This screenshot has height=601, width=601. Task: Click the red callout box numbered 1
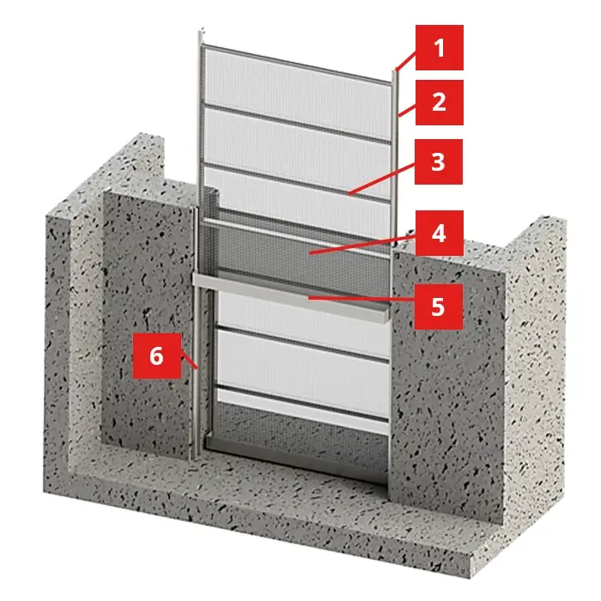click(x=440, y=47)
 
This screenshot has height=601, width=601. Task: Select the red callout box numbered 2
click(x=440, y=102)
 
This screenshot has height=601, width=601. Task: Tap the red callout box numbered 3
click(x=439, y=161)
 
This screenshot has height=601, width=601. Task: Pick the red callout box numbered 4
click(x=440, y=233)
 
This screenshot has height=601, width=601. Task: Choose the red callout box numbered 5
click(x=439, y=307)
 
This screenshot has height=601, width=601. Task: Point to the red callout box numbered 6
click(x=157, y=355)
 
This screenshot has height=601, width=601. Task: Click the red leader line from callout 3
click(x=382, y=179)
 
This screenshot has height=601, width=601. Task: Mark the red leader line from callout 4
click(x=362, y=246)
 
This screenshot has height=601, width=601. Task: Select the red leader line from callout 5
click(x=361, y=298)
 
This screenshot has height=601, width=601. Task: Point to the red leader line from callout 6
click(x=190, y=361)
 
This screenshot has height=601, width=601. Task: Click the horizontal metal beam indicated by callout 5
click(x=290, y=297)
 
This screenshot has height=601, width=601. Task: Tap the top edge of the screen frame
click(x=297, y=64)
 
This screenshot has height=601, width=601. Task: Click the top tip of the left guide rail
click(x=200, y=30)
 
